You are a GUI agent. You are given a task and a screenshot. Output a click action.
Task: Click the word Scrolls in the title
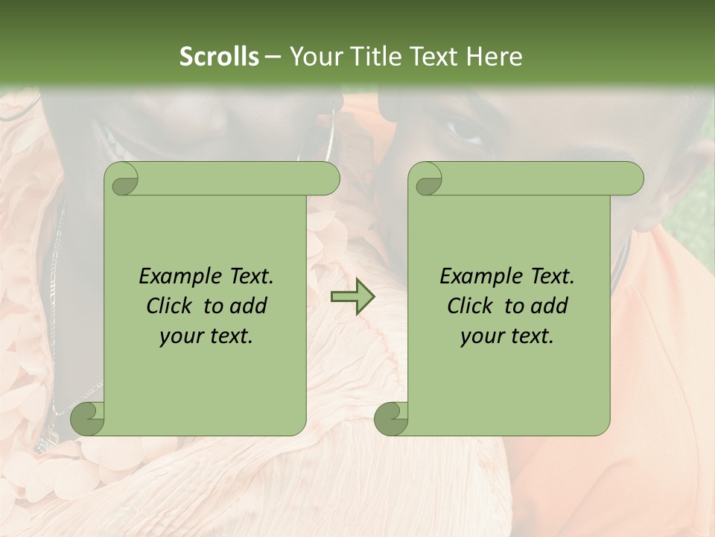[x=219, y=57]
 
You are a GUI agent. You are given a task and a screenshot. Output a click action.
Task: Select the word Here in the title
[x=494, y=57]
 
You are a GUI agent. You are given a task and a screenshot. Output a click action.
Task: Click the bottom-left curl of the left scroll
[x=86, y=418]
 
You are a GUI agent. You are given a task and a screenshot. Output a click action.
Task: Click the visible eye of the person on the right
[x=466, y=133]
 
